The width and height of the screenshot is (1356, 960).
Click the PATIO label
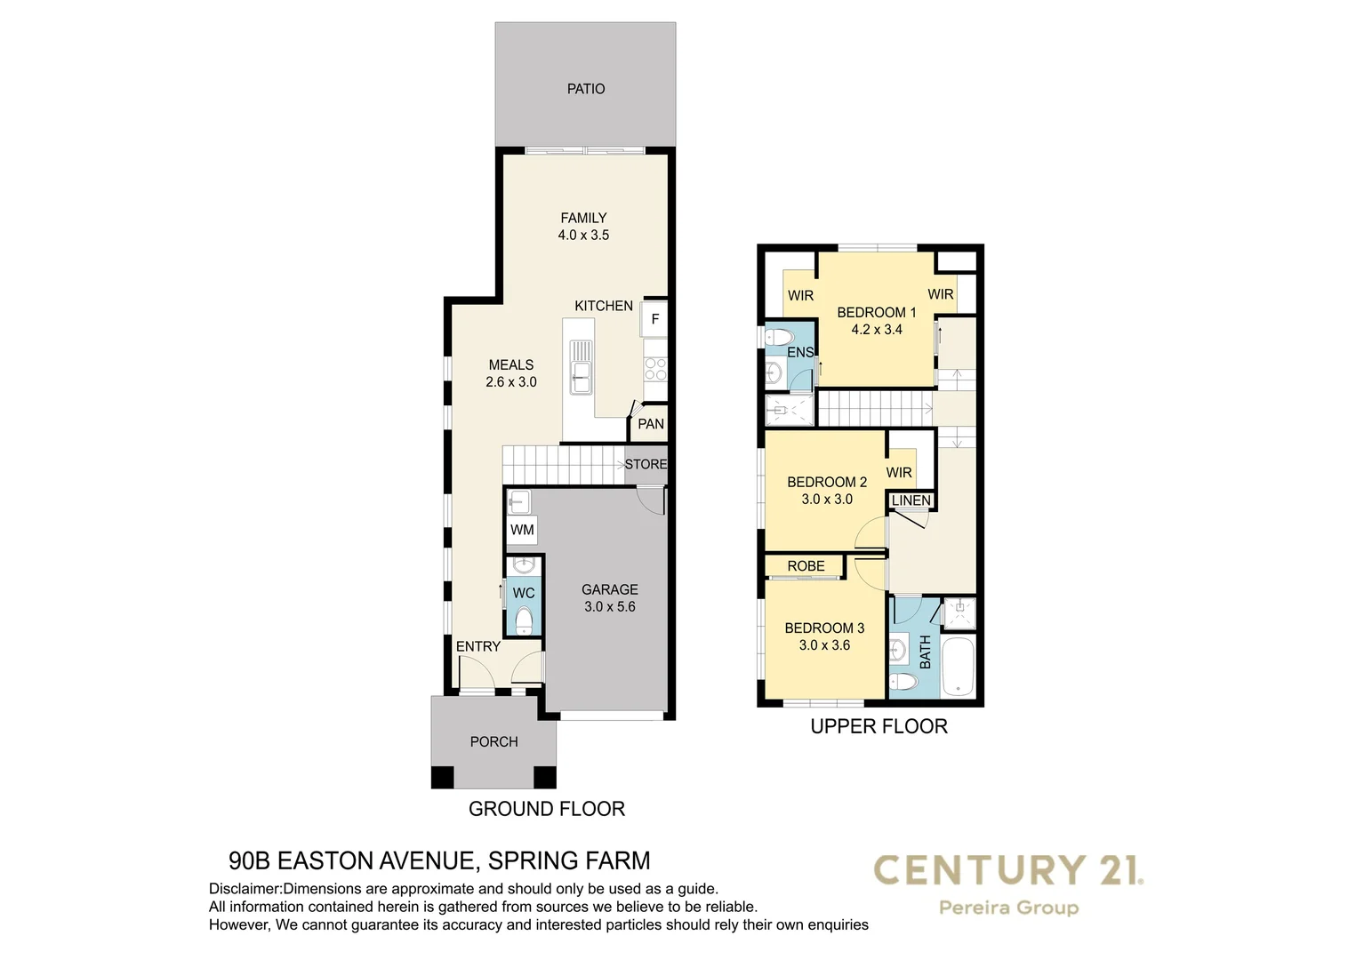(586, 89)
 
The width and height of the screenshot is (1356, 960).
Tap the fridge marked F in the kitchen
(654, 319)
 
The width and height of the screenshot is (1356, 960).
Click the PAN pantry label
(651, 424)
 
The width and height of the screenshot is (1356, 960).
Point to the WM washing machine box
(522, 530)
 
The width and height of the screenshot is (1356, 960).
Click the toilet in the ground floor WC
(524, 618)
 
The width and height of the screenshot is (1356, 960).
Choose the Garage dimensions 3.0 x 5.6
(610, 607)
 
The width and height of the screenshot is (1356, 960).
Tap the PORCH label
(493, 741)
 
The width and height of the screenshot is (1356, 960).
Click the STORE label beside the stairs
(646, 464)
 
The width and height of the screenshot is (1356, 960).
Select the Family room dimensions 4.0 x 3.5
(583, 236)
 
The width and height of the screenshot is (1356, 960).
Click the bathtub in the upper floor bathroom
(959, 666)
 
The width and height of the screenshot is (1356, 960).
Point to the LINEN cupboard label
(911, 501)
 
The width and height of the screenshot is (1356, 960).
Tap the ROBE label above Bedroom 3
(806, 566)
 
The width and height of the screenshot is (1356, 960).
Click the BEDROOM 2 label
(827, 482)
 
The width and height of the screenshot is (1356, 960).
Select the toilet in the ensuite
(780, 338)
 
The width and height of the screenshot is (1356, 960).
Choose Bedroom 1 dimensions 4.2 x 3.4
(877, 330)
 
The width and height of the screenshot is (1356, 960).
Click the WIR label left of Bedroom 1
(800, 295)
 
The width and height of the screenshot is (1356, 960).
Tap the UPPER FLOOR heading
(879, 726)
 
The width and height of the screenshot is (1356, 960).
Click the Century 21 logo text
(1008, 870)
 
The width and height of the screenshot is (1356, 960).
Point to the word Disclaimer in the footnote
(245, 889)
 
